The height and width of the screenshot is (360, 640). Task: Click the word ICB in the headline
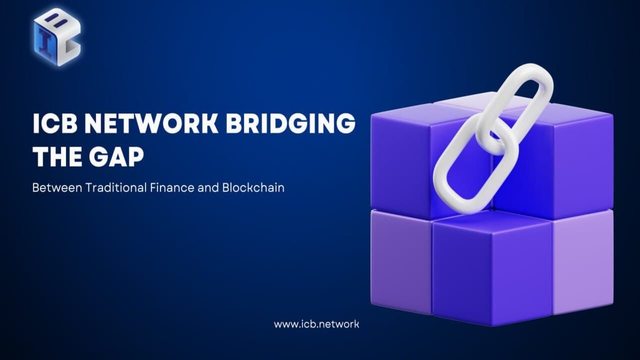[54, 123]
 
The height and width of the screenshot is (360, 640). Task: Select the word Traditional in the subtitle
[115, 188]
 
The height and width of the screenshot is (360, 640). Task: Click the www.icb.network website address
[316, 324]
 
